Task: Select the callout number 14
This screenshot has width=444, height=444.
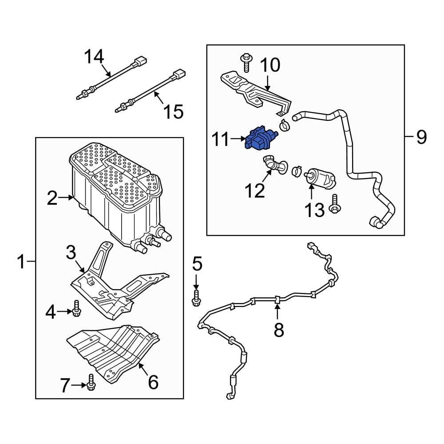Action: (94, 57)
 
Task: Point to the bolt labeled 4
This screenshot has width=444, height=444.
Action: (76, 308)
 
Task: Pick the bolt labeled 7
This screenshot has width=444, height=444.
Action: (91, 382)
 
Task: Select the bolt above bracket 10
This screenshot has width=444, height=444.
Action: (246, 62)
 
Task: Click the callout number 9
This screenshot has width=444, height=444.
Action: (421, 137)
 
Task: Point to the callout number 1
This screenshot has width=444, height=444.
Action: (21, 262)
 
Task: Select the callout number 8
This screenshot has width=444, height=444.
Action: (278, 329)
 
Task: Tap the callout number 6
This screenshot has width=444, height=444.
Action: (153, 381)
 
